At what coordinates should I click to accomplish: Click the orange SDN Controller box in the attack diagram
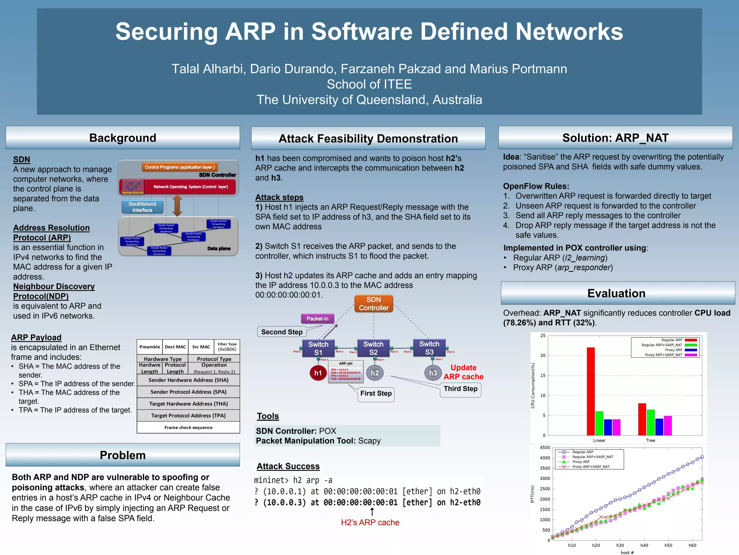coord(373,304)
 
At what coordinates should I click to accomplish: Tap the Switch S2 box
coord(373,348)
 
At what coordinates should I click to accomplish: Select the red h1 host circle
coord(318,373)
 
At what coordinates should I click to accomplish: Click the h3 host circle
coord(433,373)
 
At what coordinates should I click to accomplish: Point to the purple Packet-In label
coord(317,319)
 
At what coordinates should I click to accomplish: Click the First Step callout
coord(376,393)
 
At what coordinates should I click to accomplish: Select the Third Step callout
coord(460,389)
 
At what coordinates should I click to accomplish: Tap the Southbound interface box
coord(142,207)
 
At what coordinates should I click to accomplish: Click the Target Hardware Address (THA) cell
coord(188,404)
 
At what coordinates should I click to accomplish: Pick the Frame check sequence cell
coord(188,427)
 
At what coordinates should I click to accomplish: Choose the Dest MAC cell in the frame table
coord(175,347)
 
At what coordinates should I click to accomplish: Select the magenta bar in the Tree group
coord(668,426)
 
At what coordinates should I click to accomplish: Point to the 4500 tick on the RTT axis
coord(545,448)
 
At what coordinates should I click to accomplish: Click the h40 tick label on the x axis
coord(644,545)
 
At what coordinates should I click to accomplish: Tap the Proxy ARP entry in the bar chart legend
coord(673,350)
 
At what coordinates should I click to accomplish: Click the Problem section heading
coord(123,455)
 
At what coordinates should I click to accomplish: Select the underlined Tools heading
coord(268,416)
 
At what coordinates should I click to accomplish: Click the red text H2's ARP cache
coord(370,522)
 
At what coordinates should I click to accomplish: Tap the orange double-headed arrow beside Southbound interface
coord(177,206)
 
